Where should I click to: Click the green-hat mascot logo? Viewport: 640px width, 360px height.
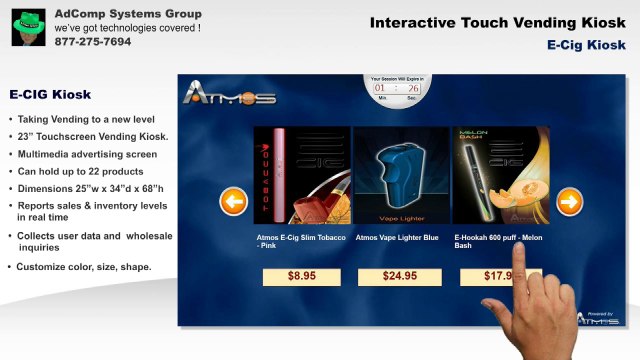[26, 25]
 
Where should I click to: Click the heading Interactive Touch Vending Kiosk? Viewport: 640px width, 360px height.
[497, 22]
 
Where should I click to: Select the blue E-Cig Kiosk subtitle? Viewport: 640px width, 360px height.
[586, 45]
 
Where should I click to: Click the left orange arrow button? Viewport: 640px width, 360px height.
[233, 203]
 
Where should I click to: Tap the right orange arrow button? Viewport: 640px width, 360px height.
[569, 203]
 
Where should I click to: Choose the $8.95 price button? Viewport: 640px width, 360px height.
[301, 275]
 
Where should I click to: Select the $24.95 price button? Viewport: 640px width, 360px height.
[400, 275]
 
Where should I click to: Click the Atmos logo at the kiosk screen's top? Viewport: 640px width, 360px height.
[229, 96]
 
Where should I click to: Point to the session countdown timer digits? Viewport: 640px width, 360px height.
[397, 89]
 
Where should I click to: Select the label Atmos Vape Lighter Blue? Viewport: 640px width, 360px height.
[397, 239]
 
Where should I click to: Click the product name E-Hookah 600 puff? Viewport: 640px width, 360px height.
[497, 239]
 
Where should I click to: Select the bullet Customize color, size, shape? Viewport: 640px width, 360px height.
[84, 267]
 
